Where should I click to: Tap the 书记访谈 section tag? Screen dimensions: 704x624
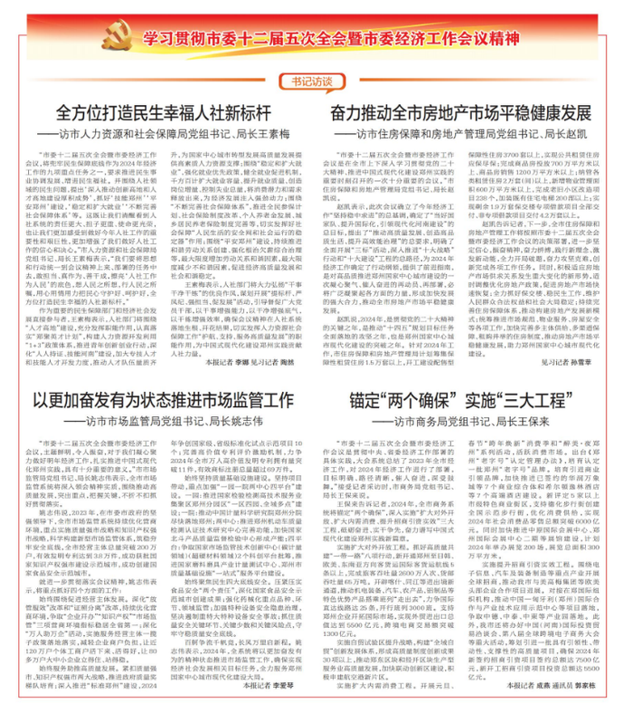[312, 81]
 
